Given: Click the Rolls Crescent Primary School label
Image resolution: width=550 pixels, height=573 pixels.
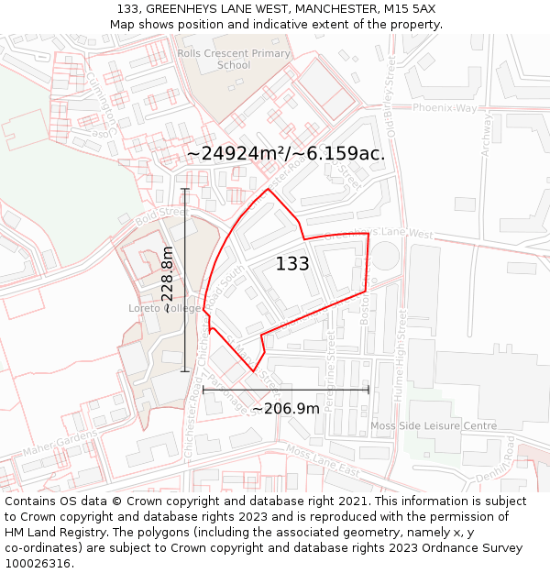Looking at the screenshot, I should tap(234, 60).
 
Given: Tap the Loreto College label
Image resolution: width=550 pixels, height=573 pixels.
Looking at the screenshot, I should tap(165, 309).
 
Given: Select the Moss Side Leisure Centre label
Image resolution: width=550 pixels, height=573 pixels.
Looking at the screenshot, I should tap(434, 426).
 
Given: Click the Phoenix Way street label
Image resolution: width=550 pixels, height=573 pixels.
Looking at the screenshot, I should tap(445, 108).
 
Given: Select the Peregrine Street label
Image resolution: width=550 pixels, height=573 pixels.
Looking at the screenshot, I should tap(331, 358).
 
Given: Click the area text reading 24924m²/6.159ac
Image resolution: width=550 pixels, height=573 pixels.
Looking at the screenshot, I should tap(286, 154).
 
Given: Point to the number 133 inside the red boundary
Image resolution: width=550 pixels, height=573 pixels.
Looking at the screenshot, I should tap(292, 264).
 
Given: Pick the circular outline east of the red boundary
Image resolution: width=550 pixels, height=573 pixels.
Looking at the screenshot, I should tap(385, 256).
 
